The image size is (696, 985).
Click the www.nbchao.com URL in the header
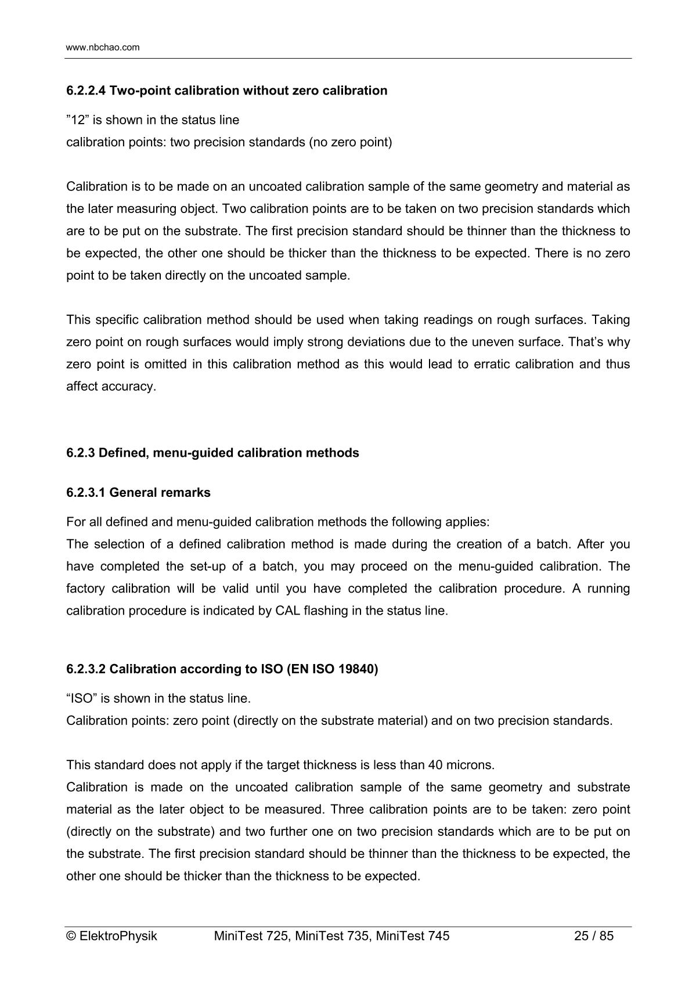(x=103, y=48)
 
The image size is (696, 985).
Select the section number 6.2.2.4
(x=86, y=91)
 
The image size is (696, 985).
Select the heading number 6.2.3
(x=81, y=453)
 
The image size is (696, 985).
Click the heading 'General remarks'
(x=160, y=493)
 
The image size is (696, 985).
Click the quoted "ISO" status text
(x=79, y=698)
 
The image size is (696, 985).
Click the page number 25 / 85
(x=593, y=936)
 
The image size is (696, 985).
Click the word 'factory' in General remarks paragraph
(x=85, y=589)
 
